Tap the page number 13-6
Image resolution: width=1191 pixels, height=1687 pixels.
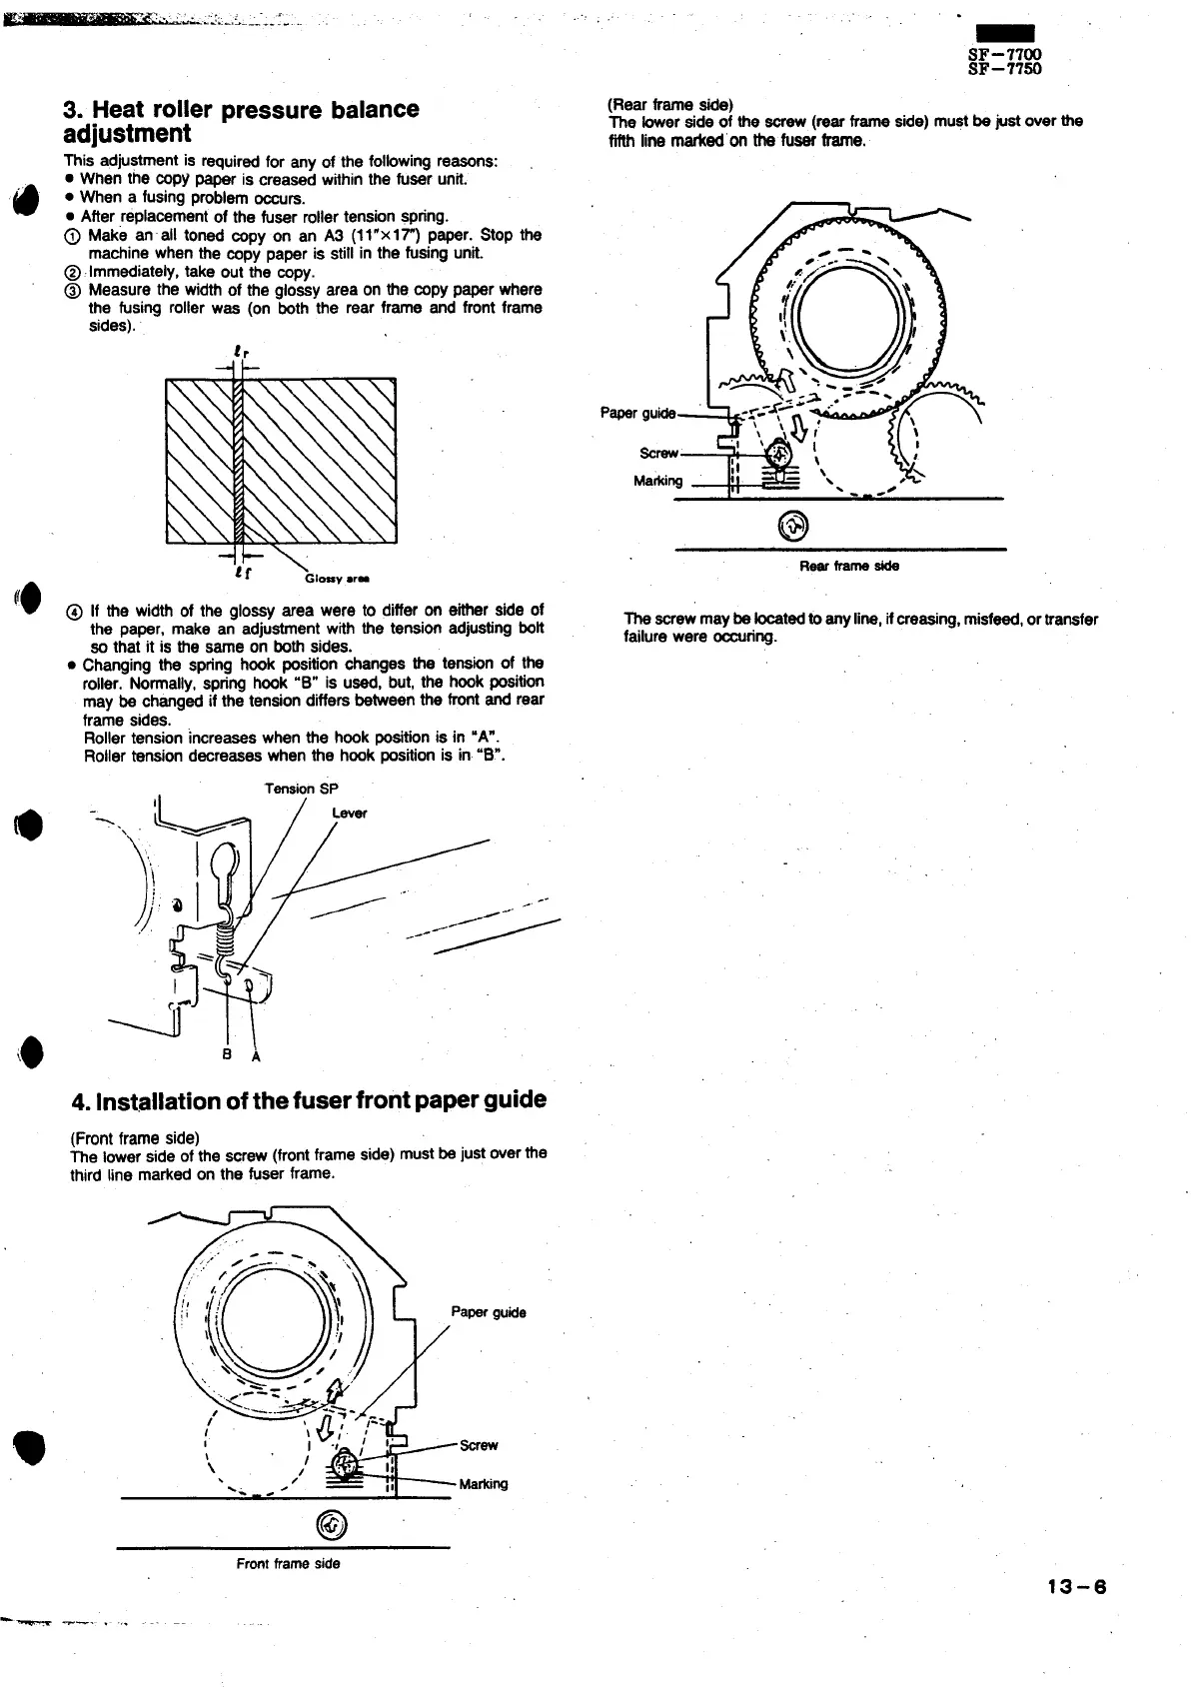coord(1078,1587)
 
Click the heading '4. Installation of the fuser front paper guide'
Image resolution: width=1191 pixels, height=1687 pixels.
coord(309,1100)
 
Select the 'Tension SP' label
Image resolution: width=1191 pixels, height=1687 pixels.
coord(301,789)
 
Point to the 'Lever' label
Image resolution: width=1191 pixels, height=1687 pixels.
coord(349,813)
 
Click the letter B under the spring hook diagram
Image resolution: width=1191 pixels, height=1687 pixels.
coord(227,1054)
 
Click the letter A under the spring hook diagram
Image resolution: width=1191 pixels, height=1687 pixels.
coord(255,1059)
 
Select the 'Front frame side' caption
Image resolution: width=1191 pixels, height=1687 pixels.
coord(288,1563)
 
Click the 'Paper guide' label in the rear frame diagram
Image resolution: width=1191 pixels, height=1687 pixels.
coord(637,413)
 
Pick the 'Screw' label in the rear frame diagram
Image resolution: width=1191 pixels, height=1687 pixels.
coord(658,453)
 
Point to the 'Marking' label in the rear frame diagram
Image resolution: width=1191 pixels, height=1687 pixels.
coord(657,481)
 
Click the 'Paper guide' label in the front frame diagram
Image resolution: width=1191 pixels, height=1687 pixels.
coord(489,1312)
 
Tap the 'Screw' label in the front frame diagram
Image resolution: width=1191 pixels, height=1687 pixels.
coord(479,1445)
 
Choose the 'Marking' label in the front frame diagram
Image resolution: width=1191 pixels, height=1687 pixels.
coord(483,1484)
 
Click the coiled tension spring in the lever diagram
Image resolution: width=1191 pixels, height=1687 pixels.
coord(226,938)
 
